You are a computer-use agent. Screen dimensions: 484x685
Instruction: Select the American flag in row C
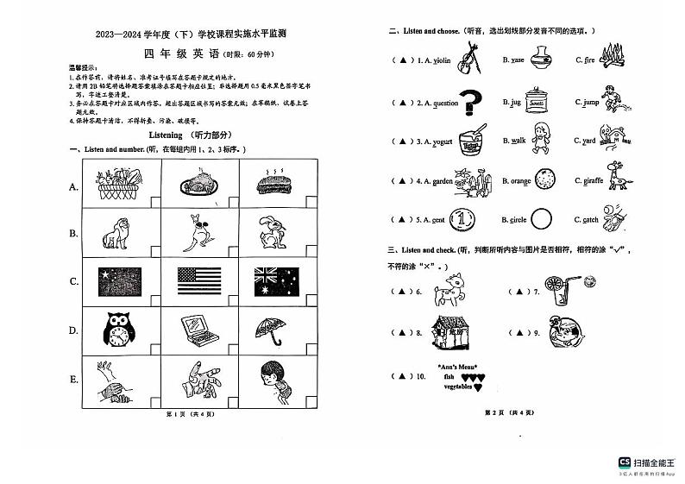tap(198, 280)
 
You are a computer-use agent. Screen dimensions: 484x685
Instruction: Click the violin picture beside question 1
tap(470, 59)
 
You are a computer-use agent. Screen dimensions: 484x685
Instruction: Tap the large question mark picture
tap(470, 104)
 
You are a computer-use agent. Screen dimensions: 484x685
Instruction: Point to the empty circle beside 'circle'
tap(541, 220)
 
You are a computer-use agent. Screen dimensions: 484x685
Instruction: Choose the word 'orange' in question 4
tap(520, 181)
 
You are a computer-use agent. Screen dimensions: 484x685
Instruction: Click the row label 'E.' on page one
tap(73, 380)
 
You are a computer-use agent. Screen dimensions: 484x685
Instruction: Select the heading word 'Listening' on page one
tap(166, 135)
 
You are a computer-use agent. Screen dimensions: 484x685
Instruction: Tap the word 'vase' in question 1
tap(518, 60)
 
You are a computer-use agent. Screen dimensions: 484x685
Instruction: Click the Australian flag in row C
tap(276, 280)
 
